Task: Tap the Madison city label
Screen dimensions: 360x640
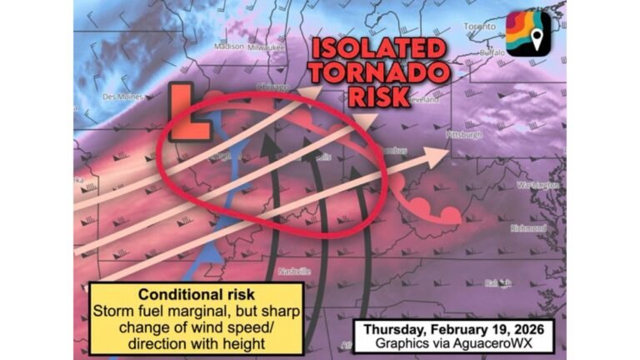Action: point(229,47)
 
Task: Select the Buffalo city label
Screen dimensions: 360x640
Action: point(493,52)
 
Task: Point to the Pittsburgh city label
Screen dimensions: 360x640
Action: point(465,133)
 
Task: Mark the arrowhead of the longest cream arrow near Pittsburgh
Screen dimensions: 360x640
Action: point(439,155)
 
